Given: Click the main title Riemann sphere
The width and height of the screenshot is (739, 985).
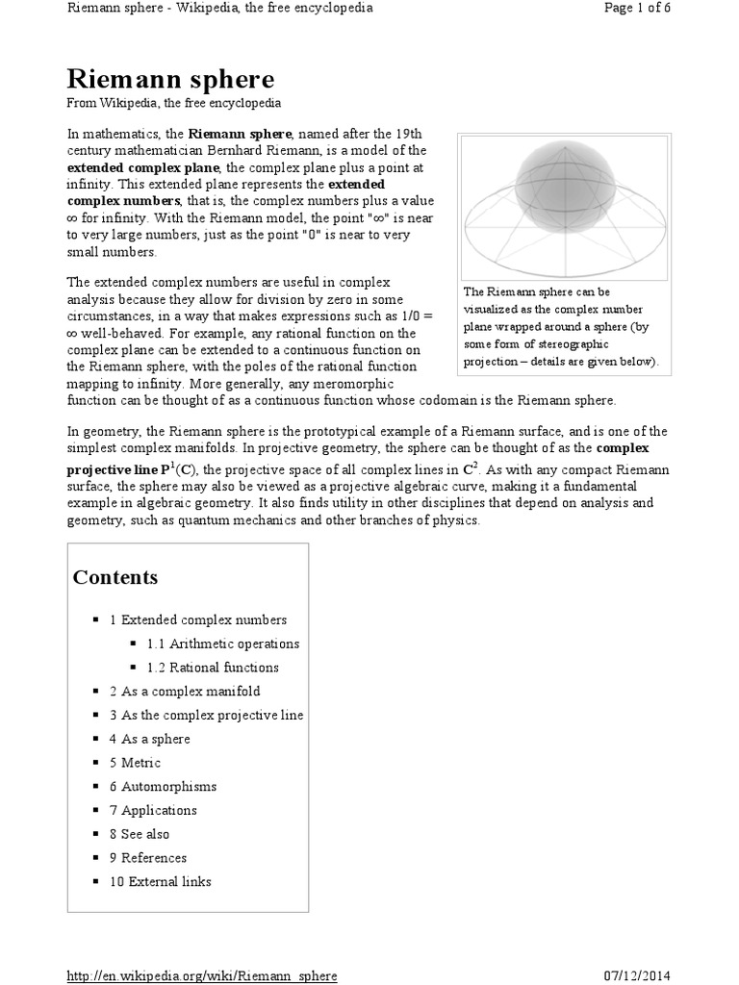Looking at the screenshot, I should [x=169, y=79].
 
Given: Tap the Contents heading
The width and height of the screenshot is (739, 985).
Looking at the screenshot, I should [x=115, y=578].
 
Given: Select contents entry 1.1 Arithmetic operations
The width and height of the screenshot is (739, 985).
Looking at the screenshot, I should [x=222, y=644].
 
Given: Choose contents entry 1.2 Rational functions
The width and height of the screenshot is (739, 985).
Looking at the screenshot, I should [x=212, y=668].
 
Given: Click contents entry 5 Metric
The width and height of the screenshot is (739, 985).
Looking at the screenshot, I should [x=135, y=763].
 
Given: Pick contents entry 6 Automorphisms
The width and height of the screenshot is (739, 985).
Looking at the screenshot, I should [x=163, y=787].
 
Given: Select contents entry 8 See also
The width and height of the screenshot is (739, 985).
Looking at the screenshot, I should [x=139, y=834].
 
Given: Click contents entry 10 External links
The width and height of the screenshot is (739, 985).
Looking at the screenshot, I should [x=160, y=882].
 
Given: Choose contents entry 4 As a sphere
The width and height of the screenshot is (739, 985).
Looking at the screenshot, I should [x=149, y=739].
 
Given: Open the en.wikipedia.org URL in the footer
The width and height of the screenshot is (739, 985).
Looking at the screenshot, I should [x=202, y=975].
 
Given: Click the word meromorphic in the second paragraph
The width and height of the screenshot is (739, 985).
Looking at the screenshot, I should [x=348, y=383].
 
